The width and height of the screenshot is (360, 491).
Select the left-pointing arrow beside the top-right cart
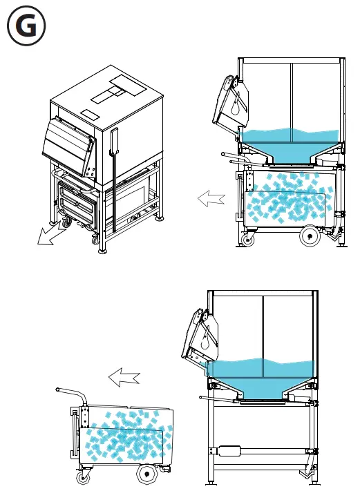click(x=211, y=200)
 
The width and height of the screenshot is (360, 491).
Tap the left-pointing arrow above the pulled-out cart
click(x=124, y=377)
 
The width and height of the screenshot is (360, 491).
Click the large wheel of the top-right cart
click(x=308, y=237)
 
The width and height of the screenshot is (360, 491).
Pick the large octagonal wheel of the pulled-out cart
click(x=146, y=475)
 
